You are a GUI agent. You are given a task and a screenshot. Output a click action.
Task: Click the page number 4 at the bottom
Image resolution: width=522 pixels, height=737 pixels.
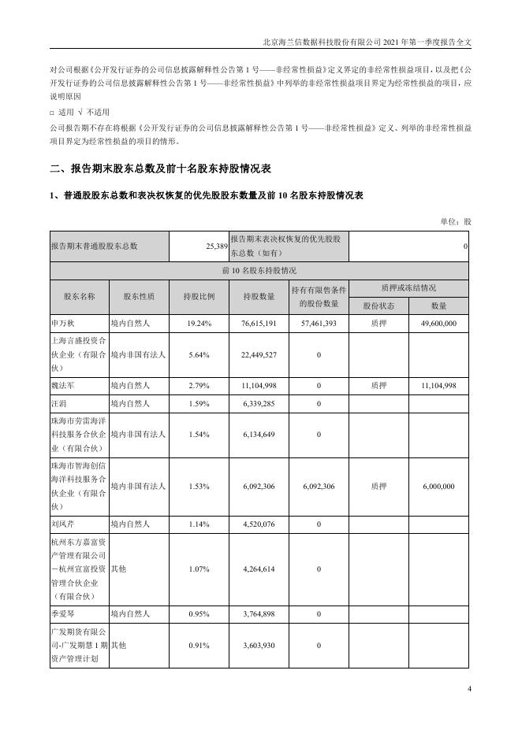468,690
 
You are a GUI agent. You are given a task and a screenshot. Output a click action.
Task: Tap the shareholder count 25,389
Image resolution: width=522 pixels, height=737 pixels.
215,246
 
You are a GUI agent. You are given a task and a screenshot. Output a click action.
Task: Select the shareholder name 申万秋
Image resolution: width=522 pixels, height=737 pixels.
61,324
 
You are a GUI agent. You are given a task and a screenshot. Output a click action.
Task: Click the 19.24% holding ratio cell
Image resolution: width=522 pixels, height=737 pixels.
199,324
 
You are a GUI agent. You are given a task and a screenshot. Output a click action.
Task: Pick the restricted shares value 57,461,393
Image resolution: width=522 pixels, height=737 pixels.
319,324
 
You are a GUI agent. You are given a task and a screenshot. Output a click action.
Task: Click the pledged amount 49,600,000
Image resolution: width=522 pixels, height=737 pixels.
439,324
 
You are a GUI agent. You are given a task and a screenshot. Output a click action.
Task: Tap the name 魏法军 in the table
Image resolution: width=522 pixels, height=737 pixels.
61,386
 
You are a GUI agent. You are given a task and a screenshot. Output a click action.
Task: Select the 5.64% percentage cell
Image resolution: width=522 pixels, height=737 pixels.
199,355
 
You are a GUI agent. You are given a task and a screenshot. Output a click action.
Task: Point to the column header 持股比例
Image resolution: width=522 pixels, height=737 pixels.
199,297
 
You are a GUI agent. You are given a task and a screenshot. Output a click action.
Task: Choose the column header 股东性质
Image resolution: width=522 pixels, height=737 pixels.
139,297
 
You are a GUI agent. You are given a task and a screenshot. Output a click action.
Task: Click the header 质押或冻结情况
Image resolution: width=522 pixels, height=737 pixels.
409,288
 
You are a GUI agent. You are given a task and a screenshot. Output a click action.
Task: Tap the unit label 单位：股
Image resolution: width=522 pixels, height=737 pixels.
456,222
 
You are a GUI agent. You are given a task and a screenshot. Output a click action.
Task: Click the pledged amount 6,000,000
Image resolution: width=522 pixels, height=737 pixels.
439,487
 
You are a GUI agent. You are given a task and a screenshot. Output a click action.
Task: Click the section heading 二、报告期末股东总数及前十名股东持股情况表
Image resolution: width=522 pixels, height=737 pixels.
160,169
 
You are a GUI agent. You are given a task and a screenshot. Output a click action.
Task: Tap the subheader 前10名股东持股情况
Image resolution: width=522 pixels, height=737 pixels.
260,271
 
